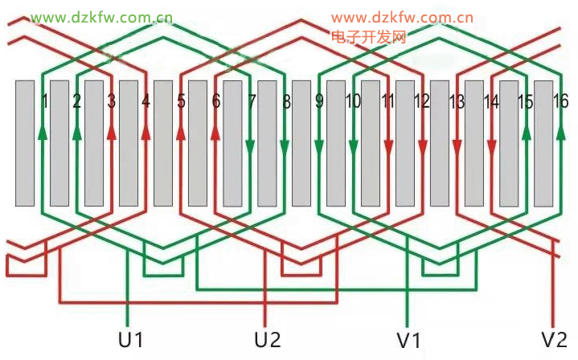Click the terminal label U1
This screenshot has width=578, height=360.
tap(130, 339)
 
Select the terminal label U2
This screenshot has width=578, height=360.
tap(268, 339)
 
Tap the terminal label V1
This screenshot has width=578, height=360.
tap(408, 339)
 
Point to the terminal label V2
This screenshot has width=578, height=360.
tap(555, 339)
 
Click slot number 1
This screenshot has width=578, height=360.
tap(45, 102)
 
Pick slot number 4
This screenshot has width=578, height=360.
tap(146, 102)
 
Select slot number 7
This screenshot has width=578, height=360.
tap(252, 102)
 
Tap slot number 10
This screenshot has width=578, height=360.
tap(353, 102)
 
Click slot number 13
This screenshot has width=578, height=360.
tap(457, 102)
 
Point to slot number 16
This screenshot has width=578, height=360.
tap(561, 101)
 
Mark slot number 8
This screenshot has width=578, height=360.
tap(286, 102)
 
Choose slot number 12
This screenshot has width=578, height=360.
tap(422, 102)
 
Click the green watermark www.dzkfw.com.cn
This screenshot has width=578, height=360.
tap(103, 17)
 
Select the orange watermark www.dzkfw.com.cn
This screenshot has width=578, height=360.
tap(401, 17)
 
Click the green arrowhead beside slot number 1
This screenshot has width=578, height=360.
tap(41, 132)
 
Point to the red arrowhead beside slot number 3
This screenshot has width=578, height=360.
tap(111, 132)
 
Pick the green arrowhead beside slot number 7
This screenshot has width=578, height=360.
tap(250, 148)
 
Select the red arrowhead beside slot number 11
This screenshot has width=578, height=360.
tap(388, 148)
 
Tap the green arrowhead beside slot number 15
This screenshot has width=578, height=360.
tap(526, 132)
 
